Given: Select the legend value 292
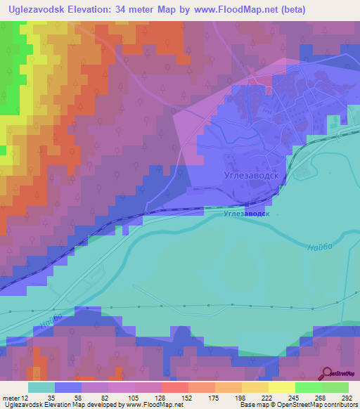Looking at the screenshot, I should coord(345,398).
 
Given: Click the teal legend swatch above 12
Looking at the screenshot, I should coord(41,387).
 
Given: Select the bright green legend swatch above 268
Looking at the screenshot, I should coord(308,387).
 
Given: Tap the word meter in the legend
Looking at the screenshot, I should coord(12,398).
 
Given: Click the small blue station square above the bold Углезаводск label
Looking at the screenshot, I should coord(205,208).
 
